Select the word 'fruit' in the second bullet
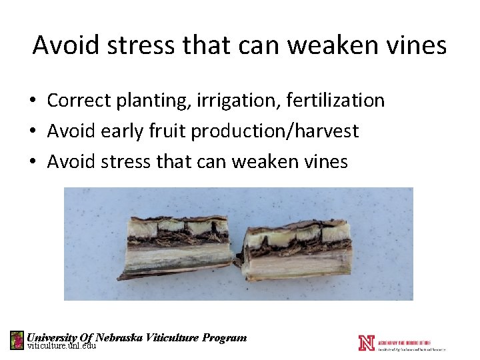pos(167,131)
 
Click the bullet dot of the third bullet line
pos(33,162)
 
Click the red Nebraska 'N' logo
pos(366,343)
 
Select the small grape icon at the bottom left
pos(17,340)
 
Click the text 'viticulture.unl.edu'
pos(61,346)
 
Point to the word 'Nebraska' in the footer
pos(119,337)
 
